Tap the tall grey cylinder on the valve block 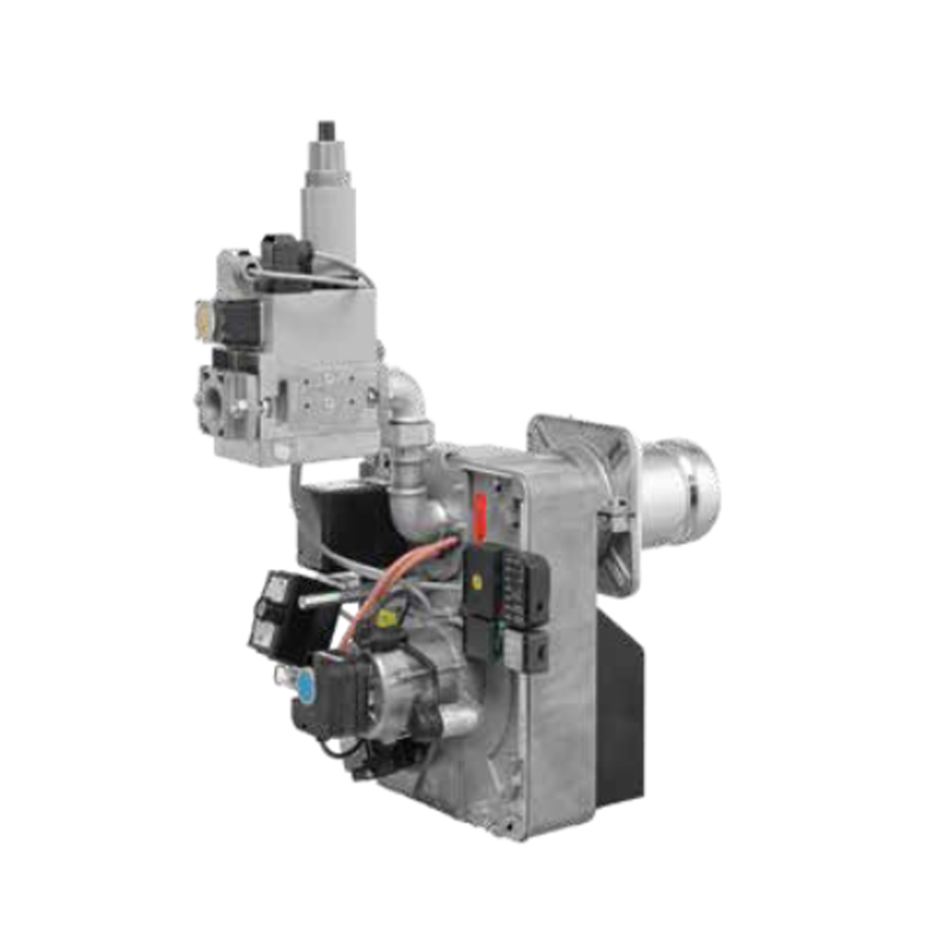click(328, 208)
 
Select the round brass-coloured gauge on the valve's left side click(202, 317)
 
